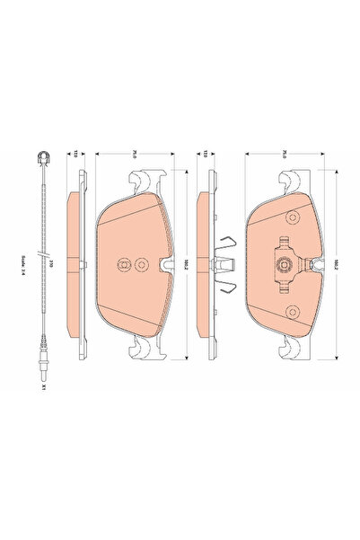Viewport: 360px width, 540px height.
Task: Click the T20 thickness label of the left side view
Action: tap(76, 154)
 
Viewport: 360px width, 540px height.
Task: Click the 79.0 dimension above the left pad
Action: tap(131, 154)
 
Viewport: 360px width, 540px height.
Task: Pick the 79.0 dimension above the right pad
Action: tap(281, 154)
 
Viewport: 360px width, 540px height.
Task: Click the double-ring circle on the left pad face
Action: tap(124, 264)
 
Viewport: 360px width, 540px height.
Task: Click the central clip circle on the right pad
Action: tap(280, 264)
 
